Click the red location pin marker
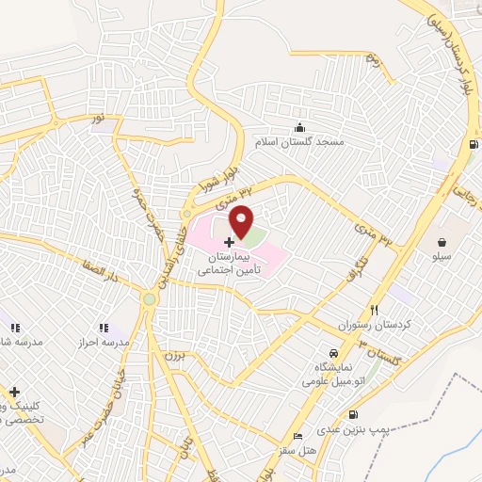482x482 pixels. coord(242,220)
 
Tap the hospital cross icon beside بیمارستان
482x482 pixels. coord(229,242)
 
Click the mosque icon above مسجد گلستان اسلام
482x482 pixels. coord(300,128)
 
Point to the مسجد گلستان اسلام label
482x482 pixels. coord(300,141)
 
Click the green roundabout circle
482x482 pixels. coord(149,299)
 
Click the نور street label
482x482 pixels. coord(95,120)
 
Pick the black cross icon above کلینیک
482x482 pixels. coord(14,391)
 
